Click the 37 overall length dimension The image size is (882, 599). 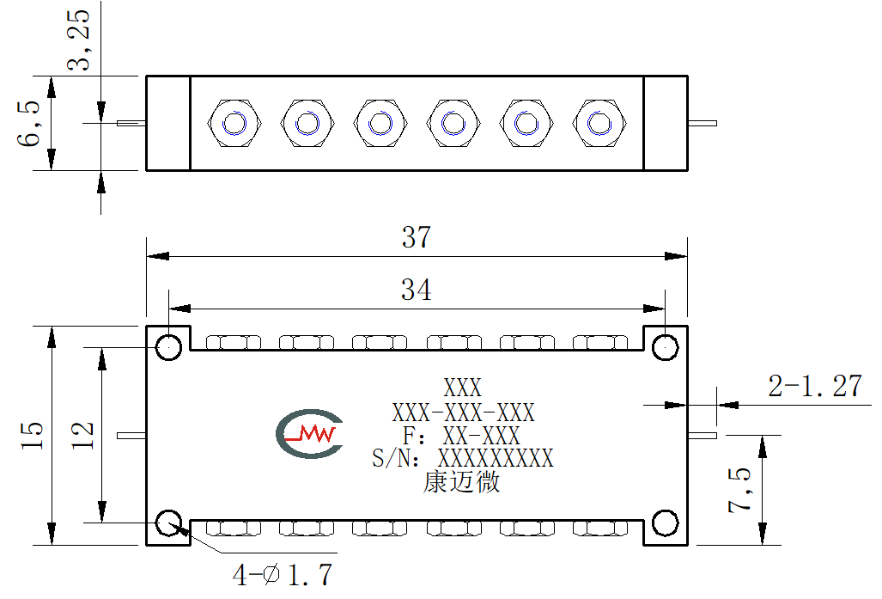[417, 237]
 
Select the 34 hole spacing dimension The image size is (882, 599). [417, 290]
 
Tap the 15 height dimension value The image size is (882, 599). [32, 435]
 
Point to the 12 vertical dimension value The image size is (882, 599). [82, 435]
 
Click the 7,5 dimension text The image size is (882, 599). [739, 490]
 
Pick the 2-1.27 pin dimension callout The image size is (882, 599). [815, 386]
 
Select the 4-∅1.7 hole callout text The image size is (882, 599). [283, 575]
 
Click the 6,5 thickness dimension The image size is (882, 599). [28, 123]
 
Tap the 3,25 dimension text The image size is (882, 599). [78, 40]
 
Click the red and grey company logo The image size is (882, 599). [309, 433]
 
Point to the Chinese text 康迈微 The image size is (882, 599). [461, 482]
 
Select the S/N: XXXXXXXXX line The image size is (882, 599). [463, 458]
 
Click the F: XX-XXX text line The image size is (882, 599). [461, 436]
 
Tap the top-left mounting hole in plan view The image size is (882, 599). [168, 347]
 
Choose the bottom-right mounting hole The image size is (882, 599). [665, 523]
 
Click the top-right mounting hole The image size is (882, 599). [665, 347]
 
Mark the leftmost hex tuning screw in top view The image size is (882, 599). [234, 123]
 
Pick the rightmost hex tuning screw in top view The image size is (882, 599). [599, 123]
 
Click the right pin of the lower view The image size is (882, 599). [703, 435]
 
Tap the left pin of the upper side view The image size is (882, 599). [131, 123]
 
